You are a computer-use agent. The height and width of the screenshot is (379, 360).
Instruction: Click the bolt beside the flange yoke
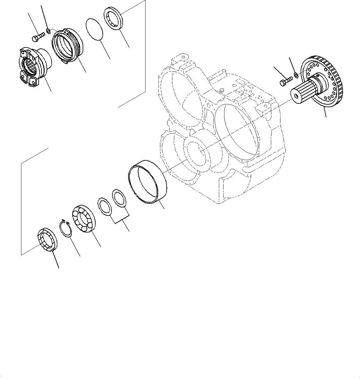pyautogui.click(x=38, y=37)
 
